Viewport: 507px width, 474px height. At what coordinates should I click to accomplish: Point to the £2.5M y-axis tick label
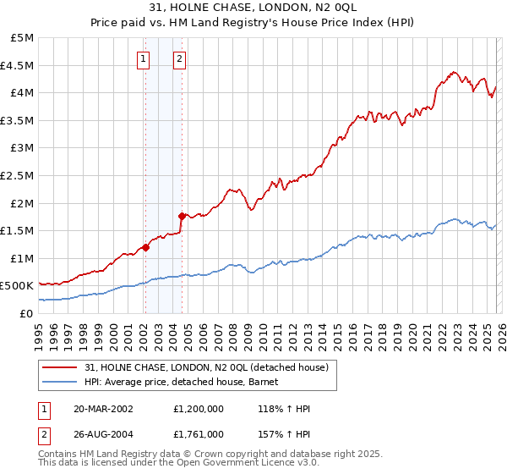[19, 175]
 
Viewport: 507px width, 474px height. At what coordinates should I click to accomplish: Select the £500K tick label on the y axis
[18, 286]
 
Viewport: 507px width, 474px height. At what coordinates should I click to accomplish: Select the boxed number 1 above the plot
[144, 58]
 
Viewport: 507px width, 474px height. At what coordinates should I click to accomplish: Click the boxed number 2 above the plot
[181, 58]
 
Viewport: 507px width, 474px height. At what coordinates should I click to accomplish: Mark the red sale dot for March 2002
[145, 247]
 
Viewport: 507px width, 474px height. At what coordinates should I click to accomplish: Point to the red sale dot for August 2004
[182, 216]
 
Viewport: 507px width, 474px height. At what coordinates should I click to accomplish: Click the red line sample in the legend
[60, 367]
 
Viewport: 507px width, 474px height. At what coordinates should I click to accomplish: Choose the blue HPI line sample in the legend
[60, 382]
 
